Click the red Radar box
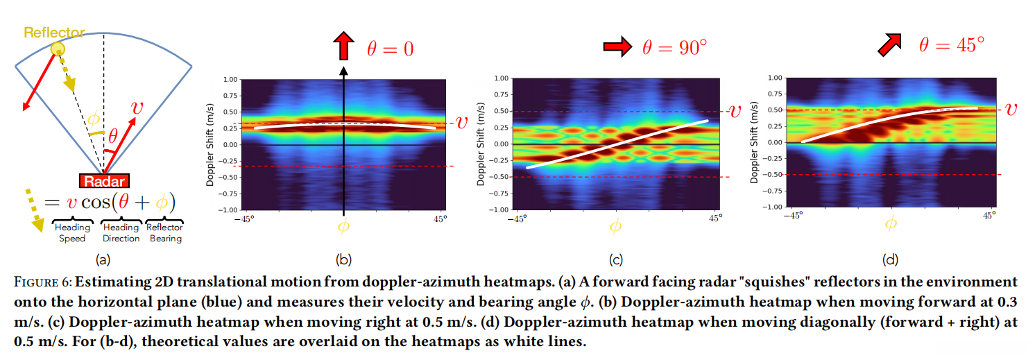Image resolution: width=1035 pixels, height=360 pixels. [x=103, y=181]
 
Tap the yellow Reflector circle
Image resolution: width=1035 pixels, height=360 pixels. [x=57, y=49]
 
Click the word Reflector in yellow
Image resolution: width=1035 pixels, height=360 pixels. [x=54, y=33]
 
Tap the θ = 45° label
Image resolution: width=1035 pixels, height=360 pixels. [x=952, y=45]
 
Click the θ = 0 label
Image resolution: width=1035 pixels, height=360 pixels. [x=390, y=49]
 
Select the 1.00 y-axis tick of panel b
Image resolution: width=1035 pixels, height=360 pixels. [x=230, y=79]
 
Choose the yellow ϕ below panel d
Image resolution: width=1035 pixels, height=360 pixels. [x=891, y=223]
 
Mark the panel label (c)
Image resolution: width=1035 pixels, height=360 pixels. [x=615, y=260]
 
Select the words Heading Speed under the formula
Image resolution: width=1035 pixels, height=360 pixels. [x=72, y=233]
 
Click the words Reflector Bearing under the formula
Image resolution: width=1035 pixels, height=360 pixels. [x=165, y=233]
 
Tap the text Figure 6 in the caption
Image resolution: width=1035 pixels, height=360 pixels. [x=42, y=282]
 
